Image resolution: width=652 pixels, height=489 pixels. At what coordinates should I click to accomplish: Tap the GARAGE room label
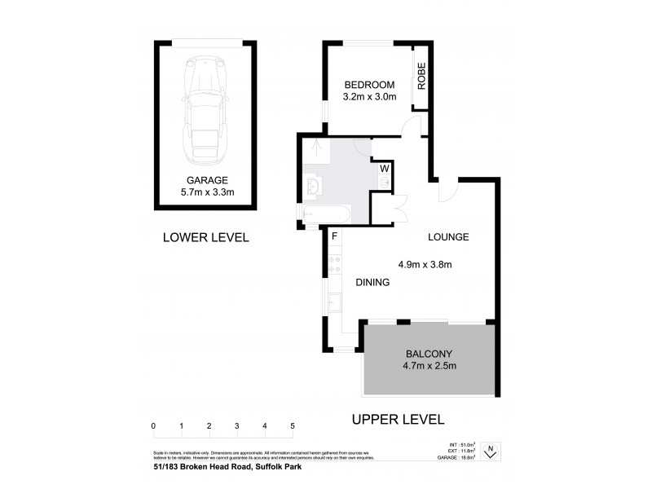coord(206,180)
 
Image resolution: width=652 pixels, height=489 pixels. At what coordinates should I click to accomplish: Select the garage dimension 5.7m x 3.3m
coord(206,193)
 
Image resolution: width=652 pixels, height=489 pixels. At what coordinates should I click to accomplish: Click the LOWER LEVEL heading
coord(205,238)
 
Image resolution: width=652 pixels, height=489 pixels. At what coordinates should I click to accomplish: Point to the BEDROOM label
coord(369,85)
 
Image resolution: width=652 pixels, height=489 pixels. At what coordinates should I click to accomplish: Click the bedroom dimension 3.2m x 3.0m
coord(369,98)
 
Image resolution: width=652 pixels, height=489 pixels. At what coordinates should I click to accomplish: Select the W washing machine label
coord(383,170)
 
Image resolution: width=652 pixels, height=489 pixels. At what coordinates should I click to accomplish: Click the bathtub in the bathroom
coord(326,216)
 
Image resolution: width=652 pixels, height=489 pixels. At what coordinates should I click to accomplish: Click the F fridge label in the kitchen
coord(333,236)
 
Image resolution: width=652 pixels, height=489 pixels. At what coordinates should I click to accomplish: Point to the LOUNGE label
coord(449,238)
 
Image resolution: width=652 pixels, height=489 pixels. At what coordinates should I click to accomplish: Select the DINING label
coord(372,282)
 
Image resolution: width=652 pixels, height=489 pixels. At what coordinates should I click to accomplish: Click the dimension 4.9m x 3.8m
coord(425,264)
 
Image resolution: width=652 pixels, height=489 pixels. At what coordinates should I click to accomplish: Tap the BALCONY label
coord(429,354)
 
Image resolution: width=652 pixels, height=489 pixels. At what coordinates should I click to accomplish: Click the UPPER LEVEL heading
coord(397,420)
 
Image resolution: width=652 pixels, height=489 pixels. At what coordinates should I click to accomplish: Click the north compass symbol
coord(491,451)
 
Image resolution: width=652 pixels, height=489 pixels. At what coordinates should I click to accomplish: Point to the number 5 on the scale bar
coord(292,426)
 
